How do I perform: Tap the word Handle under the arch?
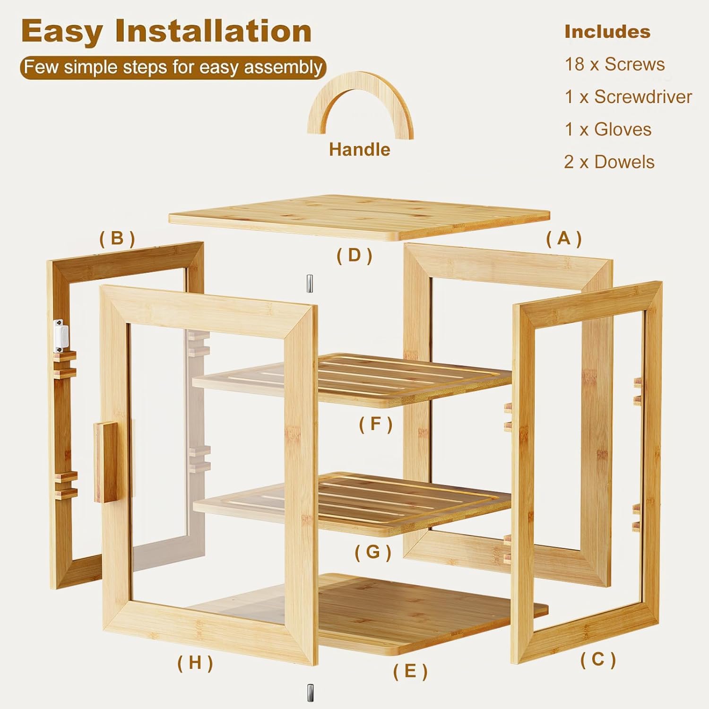[x=360, y=150]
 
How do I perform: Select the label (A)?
[x=564, y=239]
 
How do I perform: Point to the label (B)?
[x=117, y=239]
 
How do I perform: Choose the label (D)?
[x=354, y=255]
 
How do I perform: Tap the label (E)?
[x=410, y=671]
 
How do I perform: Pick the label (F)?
[x=376, y=424]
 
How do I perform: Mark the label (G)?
[x=373, y=552]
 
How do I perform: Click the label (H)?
[x=195, y=663]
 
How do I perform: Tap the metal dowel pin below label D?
[x=310, y=284]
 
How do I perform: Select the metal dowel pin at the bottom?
[x=310, y=693]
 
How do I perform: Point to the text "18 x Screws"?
[x=614, y=64]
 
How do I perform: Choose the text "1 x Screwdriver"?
[x=628, y=97]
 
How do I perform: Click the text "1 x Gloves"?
[x=608, y=130]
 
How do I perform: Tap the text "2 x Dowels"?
[x=609, y=162]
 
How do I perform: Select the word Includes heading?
[x=607, y=32]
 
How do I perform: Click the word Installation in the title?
[x=213, y=31]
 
